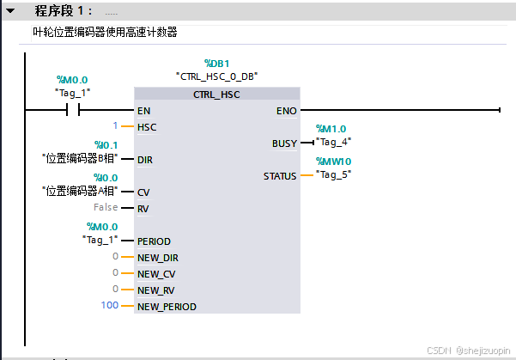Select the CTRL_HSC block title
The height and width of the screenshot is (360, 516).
[217, 95]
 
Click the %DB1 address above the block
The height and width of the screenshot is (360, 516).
[216, 64]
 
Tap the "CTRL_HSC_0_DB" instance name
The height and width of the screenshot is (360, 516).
[216, 76]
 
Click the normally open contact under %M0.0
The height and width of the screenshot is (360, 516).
[73, 110]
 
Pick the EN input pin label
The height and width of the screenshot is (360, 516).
[144, 111]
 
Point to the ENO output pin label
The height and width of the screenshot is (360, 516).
[287, 111]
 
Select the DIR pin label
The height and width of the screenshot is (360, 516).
[146, 160]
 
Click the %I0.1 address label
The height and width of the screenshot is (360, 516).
[106, 145]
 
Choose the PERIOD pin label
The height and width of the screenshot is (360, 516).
[154, 241]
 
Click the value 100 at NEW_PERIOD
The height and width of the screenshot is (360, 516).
[109, 306]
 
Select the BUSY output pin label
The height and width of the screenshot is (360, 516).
[284, 143]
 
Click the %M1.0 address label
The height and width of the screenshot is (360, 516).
[331, 129]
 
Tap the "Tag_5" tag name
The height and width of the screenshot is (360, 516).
[333, 174]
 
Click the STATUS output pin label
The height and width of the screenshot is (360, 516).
[280, 176]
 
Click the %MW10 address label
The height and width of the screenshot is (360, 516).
[333, 162]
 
